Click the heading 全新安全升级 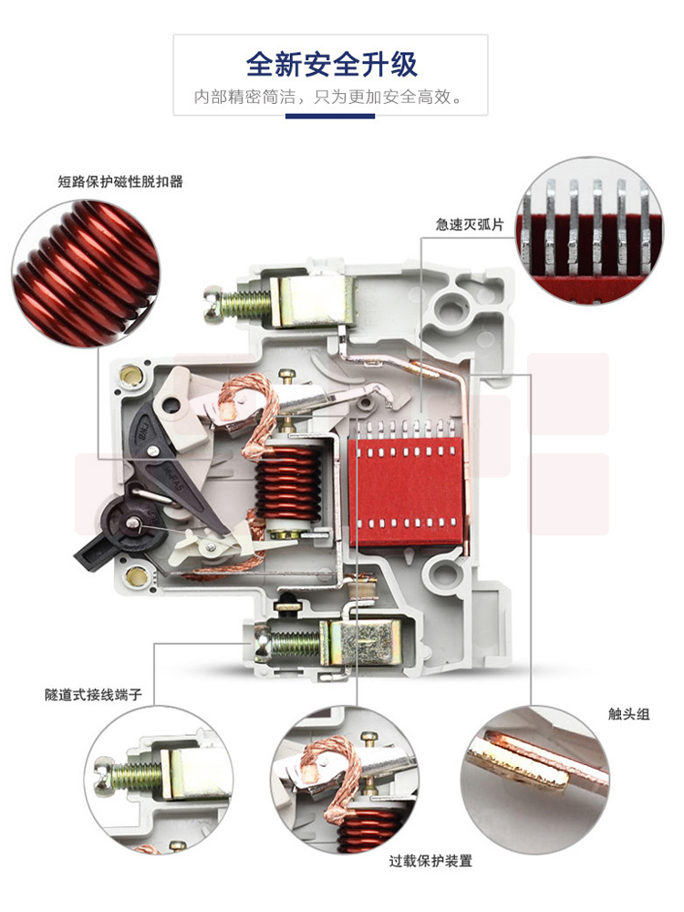[x=331, y=64]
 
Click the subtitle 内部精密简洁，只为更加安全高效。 [x=329, y=97]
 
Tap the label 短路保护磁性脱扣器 [x=120, y=181]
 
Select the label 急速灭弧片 [x=469, y=224]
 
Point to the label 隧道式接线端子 [x=94, y=694]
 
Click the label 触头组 [x=628, y=714]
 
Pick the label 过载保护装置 [x=430, y=861]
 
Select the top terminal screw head [x=212, y=304]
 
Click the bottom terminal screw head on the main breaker [x=263, y=643]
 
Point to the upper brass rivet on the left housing [x=130, y=376]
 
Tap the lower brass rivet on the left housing [x=137, y=575]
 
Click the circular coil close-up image [x=86, y=274]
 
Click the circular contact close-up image [x=535, y=780]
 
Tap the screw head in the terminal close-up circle [x=104, y=775]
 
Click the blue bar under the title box [x=330, y=116]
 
